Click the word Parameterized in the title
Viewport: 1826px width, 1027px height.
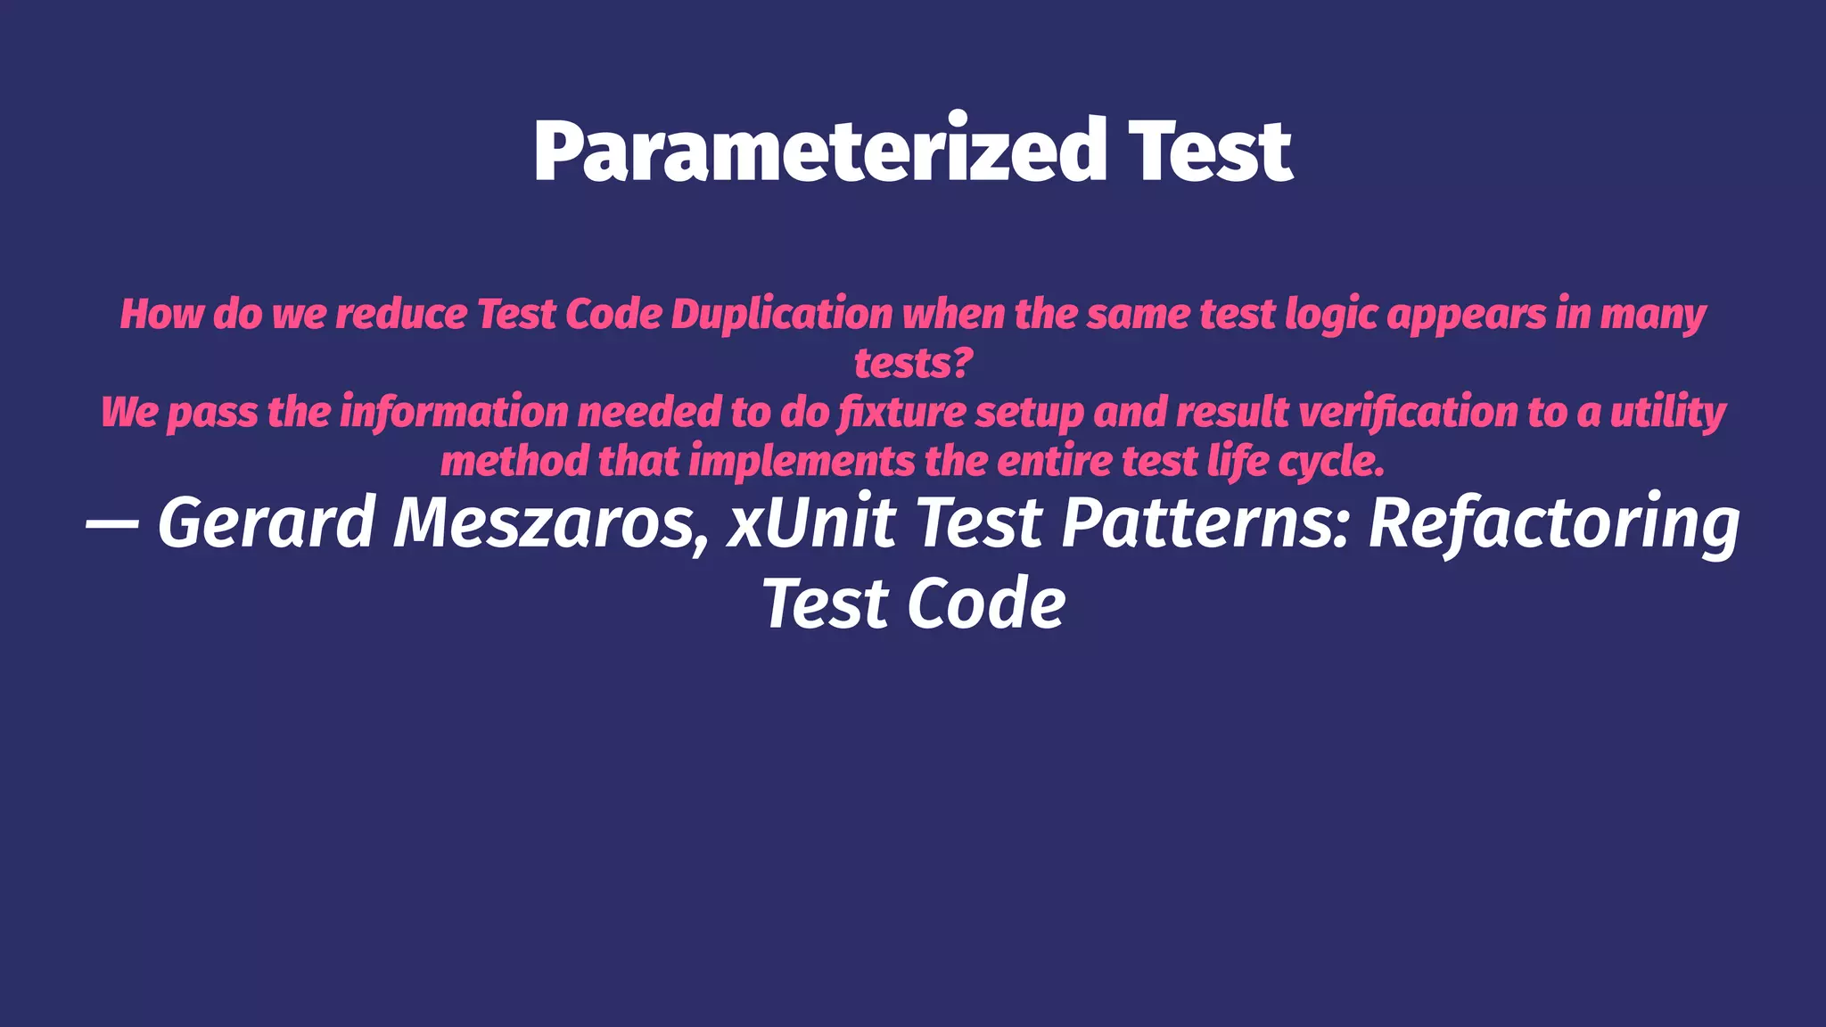[x=819, y=152]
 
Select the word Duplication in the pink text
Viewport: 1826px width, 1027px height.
[x=781, y=315]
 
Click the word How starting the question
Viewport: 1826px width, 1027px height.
[x=161, y=315]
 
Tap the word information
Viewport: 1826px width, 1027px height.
[x=454, y=412]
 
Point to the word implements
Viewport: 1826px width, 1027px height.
[x=802, y=462]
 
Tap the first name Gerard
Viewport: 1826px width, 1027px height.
[x=267, y=523]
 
